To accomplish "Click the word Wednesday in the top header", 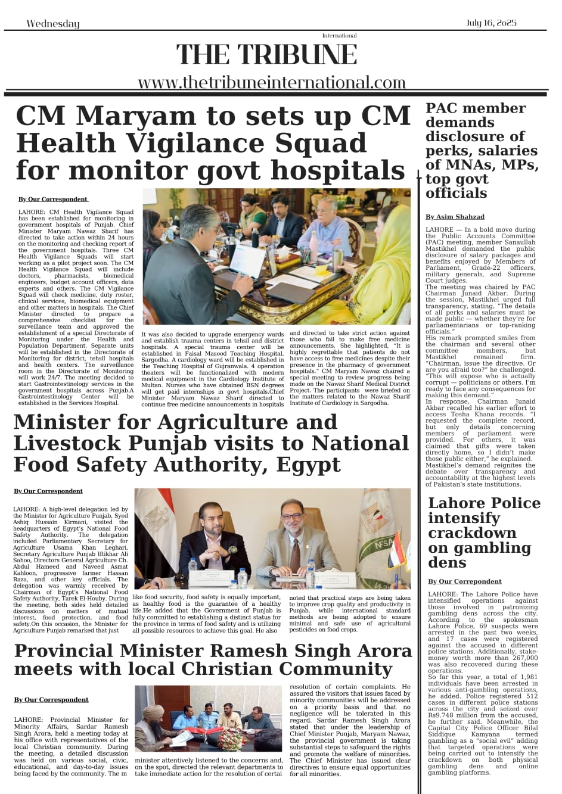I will click(x=52, y=24).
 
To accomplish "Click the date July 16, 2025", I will click(x=492, y=23).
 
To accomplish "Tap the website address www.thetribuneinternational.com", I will click(x=271, y=82).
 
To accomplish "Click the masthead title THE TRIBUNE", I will click(x=266, y=55).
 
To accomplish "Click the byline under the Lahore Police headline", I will click(x=464, y=581).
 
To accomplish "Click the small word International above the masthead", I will click(x=339, y=36).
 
